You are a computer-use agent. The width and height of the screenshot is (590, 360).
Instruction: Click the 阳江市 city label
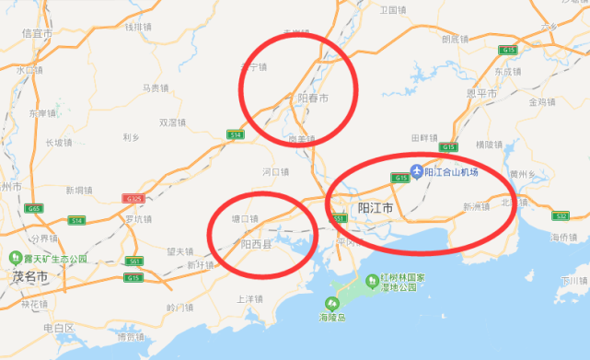pos(376,209)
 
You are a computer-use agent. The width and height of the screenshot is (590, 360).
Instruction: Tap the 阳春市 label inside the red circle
pos(314,98)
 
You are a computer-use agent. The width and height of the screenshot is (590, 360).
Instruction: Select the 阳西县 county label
pos(257,244)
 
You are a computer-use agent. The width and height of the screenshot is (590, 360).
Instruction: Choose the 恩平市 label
pos(481,94)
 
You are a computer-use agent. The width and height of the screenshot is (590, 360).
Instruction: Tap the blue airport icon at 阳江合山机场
pos(417,171)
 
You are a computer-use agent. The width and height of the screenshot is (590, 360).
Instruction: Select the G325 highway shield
pos(133,199)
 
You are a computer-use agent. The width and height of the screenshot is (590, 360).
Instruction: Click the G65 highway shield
pos(34,209)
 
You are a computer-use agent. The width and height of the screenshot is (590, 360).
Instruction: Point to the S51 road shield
pos(341,218)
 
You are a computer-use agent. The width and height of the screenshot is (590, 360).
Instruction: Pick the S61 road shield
pos(134,261)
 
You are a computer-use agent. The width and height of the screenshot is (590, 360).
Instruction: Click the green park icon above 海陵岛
pos(330,304)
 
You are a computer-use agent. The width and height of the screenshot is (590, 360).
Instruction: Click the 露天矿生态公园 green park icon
pos(16,258)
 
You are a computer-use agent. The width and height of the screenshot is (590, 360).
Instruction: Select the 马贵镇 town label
pos(156,88)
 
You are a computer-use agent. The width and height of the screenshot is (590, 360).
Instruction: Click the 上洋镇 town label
pos(251,299)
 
